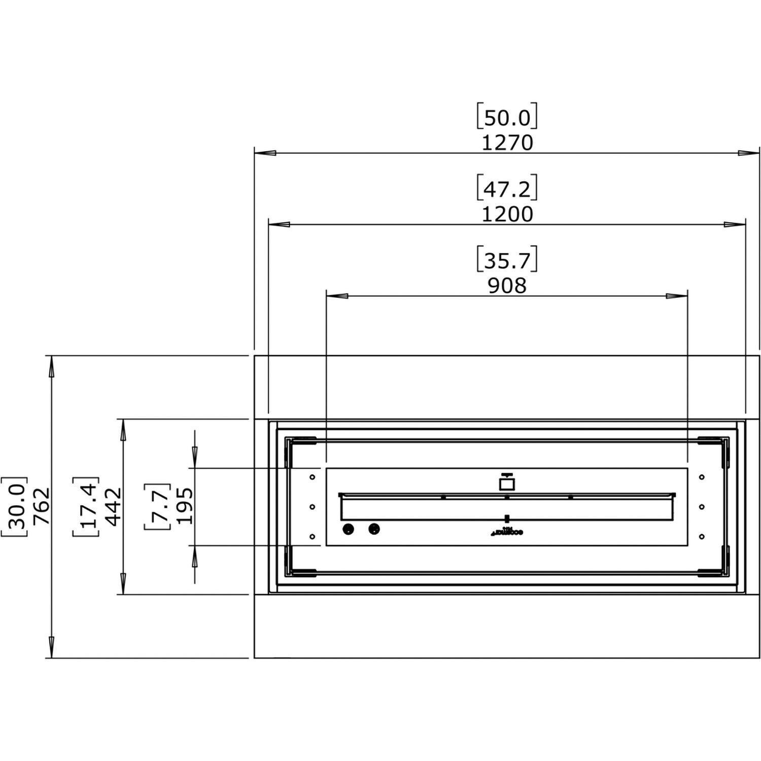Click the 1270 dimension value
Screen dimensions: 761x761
[x=507, y=144]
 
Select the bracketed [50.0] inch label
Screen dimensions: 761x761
[x=507, y=118]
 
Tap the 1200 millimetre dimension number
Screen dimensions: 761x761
[x=507, y=215]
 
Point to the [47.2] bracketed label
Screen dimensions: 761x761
[x=507, y=189]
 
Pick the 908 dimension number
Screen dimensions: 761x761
[x=507, y=287]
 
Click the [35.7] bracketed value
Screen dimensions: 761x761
[x=507, y=261]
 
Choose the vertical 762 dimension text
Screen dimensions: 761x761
[x=41, y=506]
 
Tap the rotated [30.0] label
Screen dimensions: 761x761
[x=14, y=506]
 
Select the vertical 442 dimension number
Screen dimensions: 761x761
[x=113, y=506]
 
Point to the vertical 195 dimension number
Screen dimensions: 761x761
[x=184, y=506]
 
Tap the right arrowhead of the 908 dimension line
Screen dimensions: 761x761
[x=677, y=296]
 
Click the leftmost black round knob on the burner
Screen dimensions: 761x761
[x=348, y=529]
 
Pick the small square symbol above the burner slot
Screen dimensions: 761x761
[x=506, y=482]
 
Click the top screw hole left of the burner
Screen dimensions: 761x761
[x=312, y=477]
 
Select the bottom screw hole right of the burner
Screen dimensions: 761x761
[x=702, y=537]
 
